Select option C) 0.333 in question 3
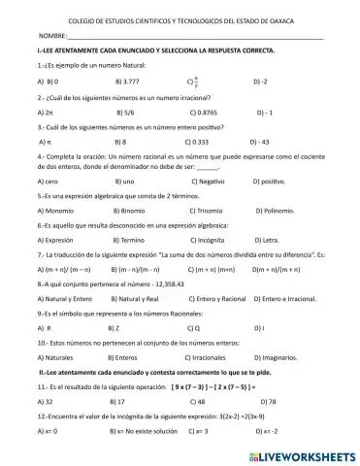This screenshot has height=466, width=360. click(x=197, y=141)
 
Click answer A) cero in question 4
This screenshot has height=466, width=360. click(x=48, y=181)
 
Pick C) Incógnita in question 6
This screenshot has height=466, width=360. click(x=207, y=237)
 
